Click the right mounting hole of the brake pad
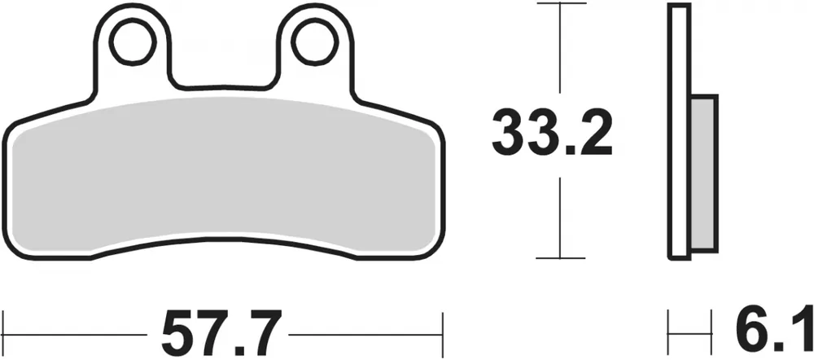click(314, 44)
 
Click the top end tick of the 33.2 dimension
click(560, 4)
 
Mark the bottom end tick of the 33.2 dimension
click(560, 258)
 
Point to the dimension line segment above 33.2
click(560, 49)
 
